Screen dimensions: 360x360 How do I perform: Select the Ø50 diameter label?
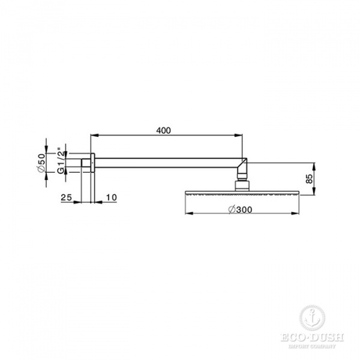coord(41,163)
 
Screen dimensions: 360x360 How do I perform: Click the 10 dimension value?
coord(111,197)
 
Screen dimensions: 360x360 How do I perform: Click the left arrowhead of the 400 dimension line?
coord(92,136)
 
